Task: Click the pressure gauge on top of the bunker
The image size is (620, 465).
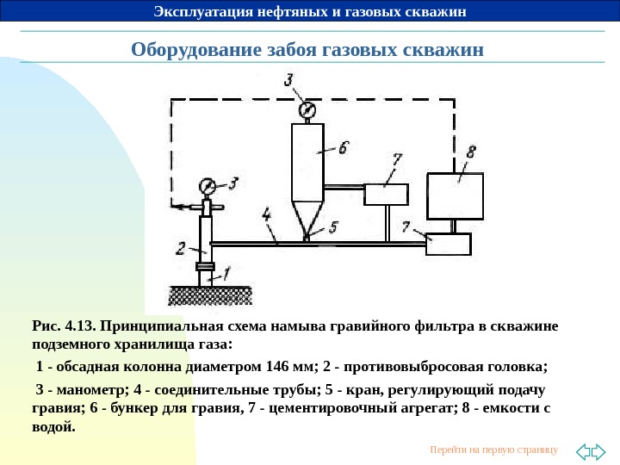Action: coord(307,109)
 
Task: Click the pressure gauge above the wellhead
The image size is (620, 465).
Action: coord(207,185)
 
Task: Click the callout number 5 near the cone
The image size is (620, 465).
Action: coord(333,226)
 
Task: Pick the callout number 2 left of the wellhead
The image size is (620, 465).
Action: coord(181,248)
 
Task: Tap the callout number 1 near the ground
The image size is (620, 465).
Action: coord(226,275)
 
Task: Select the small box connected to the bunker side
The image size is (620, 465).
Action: coord(386,194)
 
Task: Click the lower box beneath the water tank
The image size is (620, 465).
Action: coord(449,244)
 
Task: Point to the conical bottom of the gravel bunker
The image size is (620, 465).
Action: coord(307,216)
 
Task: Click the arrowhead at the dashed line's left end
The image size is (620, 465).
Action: coord(174,207)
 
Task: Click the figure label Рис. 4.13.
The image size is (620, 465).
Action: coord(64,327)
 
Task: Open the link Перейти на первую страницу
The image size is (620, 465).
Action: coord(493,449)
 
